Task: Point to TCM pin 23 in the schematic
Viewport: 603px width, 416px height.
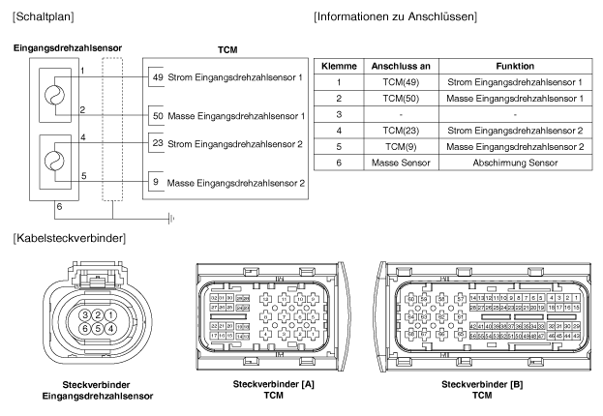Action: [155, 144]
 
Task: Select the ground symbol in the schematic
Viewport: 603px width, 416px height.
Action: [169, 218]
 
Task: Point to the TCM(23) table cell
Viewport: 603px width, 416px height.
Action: [393, 132]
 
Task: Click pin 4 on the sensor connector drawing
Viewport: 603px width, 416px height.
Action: [112, 328]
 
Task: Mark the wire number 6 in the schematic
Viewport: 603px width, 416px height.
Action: [59, 205]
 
